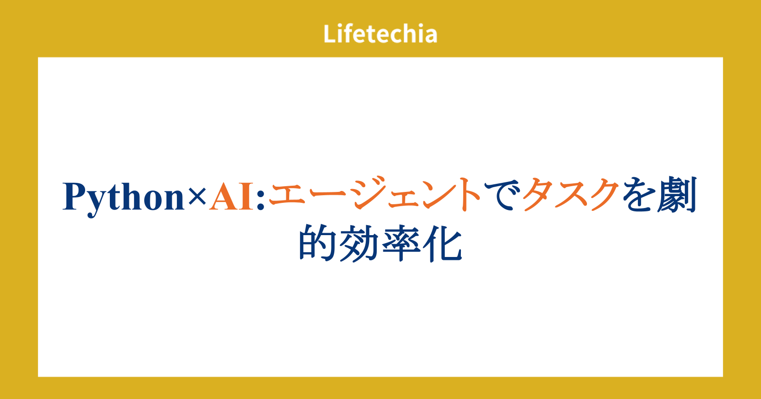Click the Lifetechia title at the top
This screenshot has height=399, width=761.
[380, 34]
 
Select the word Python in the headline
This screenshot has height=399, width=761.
[123, 199]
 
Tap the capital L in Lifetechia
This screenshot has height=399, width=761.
[330, 34]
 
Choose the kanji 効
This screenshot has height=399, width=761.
[359, 243]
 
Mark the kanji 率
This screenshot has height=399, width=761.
[401, 243]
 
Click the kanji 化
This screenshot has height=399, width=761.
[442, 243]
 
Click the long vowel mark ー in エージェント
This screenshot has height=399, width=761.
[328, 195]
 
